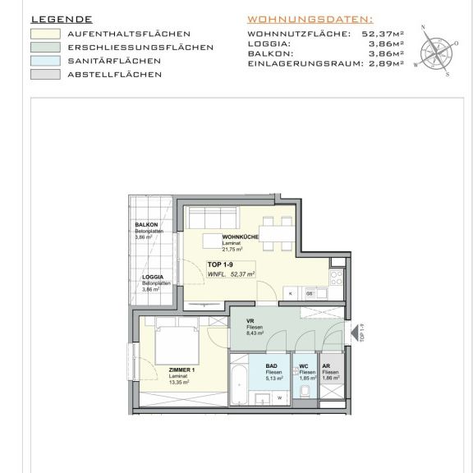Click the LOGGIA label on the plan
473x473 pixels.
[151, 278]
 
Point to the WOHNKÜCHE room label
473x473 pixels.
[241, 237]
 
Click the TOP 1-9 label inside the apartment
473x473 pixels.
[220, 264]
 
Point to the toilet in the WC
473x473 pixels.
[306, 391]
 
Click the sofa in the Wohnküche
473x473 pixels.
[213, 220]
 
